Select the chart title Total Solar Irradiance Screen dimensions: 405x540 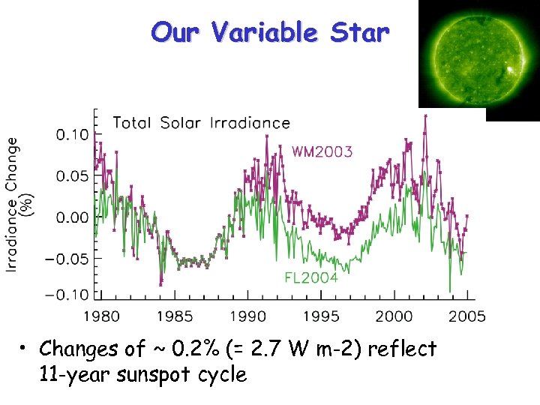tap(201, 123)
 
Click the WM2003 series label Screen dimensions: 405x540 tap(322, 152)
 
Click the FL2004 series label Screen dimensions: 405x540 tap(311, 277)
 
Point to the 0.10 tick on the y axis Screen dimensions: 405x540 tap(73, 135)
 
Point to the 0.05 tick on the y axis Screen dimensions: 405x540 tap(73, 176)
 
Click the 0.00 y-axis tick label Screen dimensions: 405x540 tap(73, 217)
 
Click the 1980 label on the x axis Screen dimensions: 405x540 tap(101, 316)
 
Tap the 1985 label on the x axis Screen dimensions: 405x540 tap(174, 316)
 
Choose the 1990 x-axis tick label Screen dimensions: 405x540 tap(247, 316)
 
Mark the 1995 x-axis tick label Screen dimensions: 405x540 tap(320, 316)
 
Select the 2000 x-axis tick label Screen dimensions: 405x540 tap(394, 316)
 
